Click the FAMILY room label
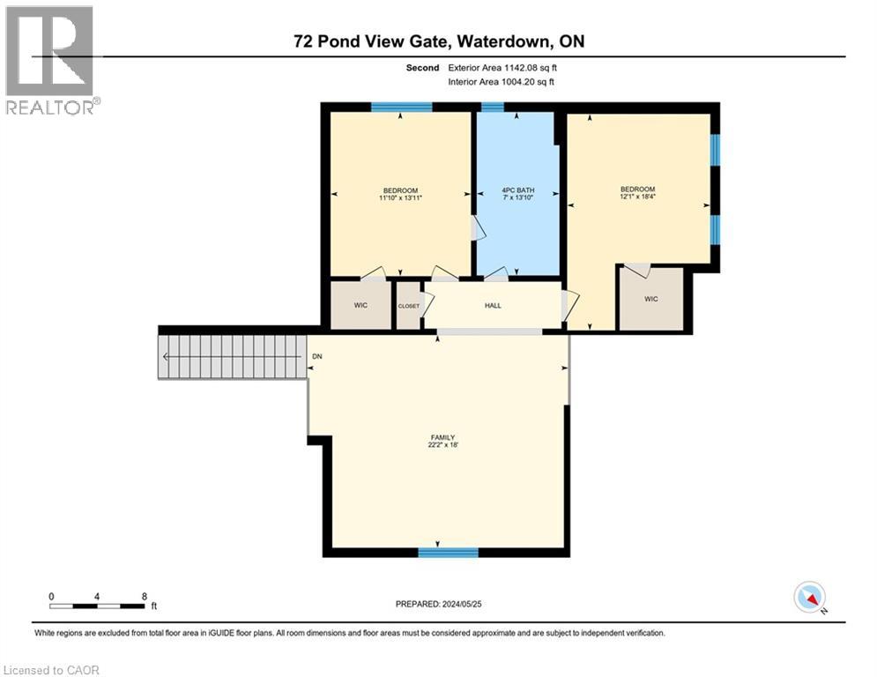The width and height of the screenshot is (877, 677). (442, 436)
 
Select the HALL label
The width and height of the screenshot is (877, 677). (493, 306)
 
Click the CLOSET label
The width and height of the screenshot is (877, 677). (409, 306)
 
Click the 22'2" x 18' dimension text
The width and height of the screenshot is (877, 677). (442, 444)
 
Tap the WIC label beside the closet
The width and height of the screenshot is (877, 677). (360, 305)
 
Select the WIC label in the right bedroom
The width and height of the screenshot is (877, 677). (651, 300)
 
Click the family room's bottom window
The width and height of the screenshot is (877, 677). (448, 553)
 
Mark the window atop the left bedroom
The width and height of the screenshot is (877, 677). (401, 108)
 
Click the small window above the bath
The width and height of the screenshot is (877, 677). (493, 108)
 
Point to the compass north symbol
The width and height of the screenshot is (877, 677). (808, 597)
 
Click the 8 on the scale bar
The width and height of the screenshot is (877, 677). (144, 596)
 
